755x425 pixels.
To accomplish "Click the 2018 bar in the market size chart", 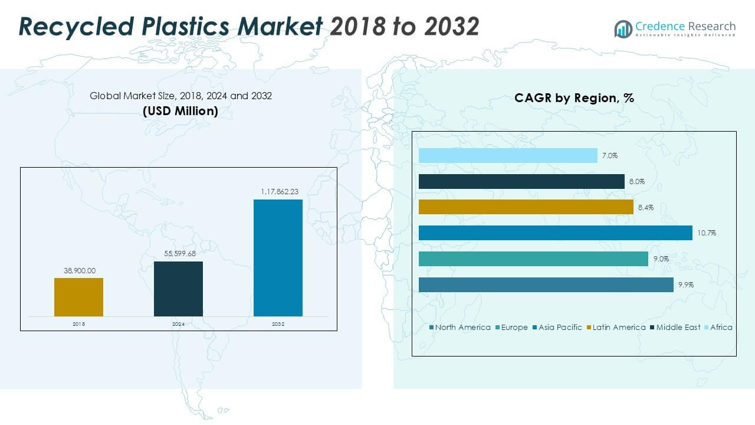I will click(78, 297).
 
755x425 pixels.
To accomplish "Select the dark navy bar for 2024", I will click(178, 289).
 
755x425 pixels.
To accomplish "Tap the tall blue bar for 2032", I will click(278, 258).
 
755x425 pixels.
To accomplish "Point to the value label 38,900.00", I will click(78, 271).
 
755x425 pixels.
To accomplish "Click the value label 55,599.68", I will click(178, 254).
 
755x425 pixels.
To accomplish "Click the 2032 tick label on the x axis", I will click(278, 324).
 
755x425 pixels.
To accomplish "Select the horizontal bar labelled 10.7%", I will click(555, 233).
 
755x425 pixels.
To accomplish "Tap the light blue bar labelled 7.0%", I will click(508, 156).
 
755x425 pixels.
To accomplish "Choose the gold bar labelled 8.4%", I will click(526, 207).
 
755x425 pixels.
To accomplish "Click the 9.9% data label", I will click(686, 285).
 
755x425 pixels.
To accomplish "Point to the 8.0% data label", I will click(637, 182).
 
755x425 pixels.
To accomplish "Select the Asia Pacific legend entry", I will click(560, 328).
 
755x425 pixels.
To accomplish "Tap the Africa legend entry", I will click(721, 328).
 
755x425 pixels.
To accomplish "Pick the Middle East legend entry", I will click(678, 328).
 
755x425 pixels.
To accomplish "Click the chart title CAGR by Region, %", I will click(574, 98).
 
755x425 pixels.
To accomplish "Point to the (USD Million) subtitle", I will click(180, 110).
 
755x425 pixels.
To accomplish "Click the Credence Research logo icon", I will click(623, 29).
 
